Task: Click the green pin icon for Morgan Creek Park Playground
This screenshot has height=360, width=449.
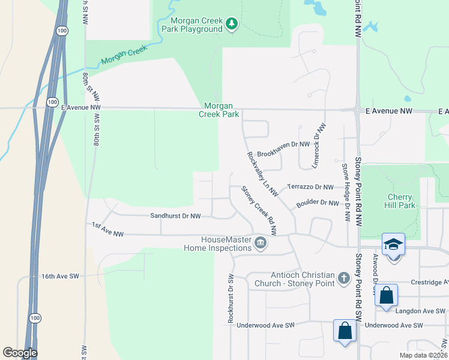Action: click(x=232, y=24)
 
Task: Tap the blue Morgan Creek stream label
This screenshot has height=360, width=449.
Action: click(x=124, y=58)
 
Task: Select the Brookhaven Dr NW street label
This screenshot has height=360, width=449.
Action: click(x=283, y=145)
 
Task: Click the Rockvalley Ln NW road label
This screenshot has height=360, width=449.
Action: click(x=262, y=174)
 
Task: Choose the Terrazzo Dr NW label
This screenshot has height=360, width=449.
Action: click(x=310, y=187)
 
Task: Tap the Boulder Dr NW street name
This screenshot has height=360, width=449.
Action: click(x=318, y=203)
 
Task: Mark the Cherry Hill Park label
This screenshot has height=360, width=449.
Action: click(x=399, y=201)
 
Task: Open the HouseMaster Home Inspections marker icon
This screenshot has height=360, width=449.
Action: click(x=261, y=243)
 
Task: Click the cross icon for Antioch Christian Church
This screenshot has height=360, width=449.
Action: click(x=343, y=278)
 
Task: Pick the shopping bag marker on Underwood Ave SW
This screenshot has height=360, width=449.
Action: click(x=345, y=331)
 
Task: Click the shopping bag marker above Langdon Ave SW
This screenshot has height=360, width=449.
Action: click(x=386, y=296)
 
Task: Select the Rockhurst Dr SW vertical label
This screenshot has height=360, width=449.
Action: click(x=231, y=299)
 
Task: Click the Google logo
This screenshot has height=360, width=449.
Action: click(x=20, y=353)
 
